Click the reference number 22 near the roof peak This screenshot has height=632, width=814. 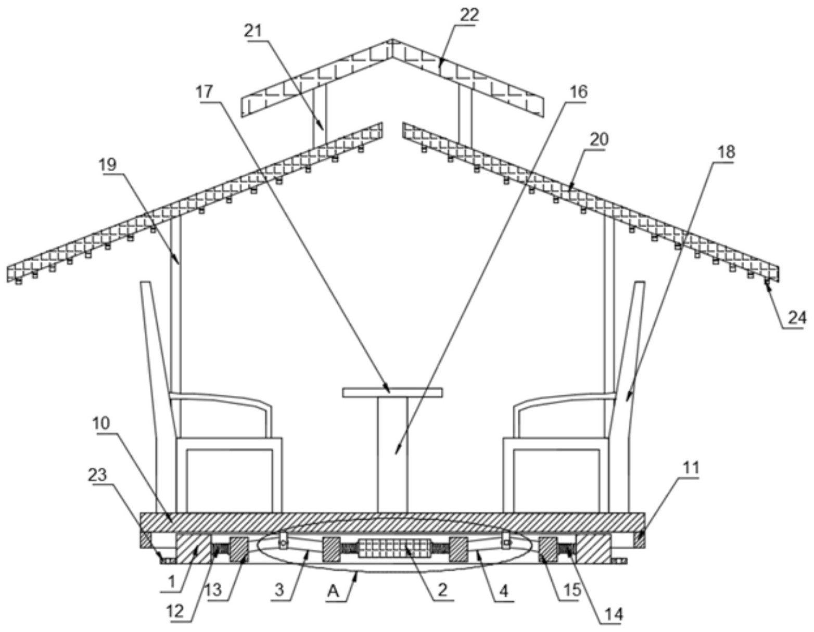click(469, 15)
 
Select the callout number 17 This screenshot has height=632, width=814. click(205, 92)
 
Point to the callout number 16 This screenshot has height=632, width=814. click(578, 92)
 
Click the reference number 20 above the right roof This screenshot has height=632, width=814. click(599, 139)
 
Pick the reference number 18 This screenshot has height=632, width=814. click(726, 152)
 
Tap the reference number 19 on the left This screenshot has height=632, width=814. click(108, 164)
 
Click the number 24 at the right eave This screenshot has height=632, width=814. click(797, 318)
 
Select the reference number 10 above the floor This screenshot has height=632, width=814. click(101, 423)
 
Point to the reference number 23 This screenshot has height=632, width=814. click(97, 475)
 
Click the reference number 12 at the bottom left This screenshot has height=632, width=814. click(175, 611)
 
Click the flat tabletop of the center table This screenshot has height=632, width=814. click(392, 392)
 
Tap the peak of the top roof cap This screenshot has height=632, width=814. click(392, 40)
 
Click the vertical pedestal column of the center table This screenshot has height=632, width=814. click(392, 455)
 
